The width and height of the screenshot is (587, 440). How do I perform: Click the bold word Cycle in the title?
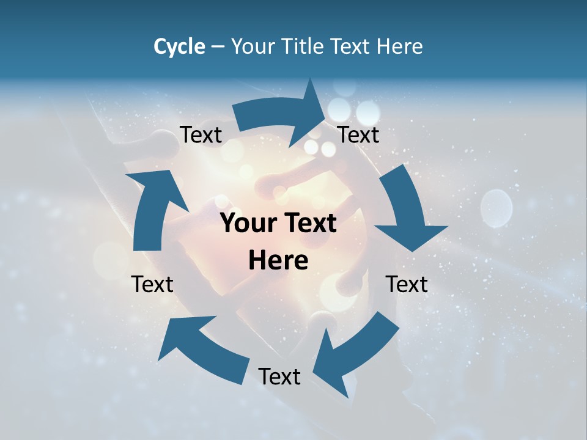[179, 46]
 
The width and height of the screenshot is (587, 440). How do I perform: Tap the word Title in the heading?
[305, 46]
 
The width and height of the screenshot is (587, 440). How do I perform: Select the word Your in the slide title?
[253, 46]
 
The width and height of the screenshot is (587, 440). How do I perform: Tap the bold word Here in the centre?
[278, 261]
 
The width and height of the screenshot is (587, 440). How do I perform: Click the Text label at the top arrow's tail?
[201, 135]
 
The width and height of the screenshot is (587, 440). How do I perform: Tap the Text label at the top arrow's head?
[358, 135]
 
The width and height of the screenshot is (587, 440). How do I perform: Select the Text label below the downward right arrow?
[407, 284]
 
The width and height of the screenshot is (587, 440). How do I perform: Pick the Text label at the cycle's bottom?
[279, 376]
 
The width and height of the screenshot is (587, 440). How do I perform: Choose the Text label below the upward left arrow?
[152, 284]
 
